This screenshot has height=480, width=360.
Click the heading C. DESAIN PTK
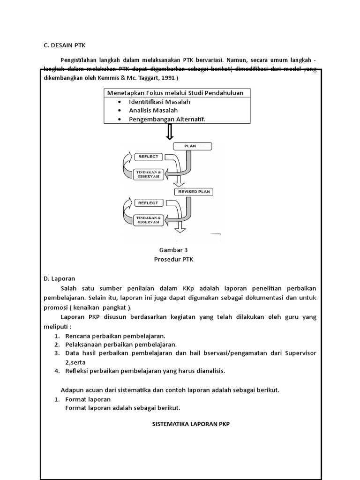(x=64, y=45)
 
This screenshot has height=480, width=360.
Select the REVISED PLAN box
(x=193, y=192)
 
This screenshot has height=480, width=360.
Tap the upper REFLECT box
(x=149, y=157)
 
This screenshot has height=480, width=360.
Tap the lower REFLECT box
(x=149, y=203)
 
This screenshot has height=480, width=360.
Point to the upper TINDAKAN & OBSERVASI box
(x=149, y=174)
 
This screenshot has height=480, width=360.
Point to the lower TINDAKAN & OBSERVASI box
(x=149, y=220)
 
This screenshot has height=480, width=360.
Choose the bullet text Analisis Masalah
(x=153, y=110)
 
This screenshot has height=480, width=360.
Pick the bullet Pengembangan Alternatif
(x=167, y=119)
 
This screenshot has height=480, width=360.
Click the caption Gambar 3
(x=174, y=250)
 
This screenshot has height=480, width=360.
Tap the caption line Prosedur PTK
(x=174, y=259)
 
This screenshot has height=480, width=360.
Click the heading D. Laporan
(x=60, y=278)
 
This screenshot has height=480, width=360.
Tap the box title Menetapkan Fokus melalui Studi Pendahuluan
(x=175, y=93)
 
